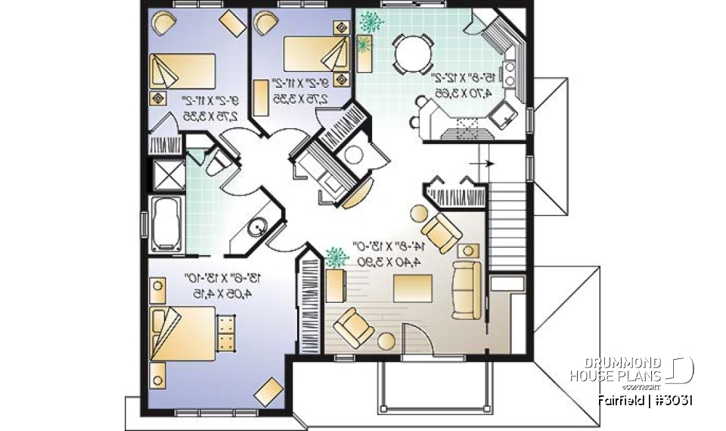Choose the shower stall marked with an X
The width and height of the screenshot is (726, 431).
[166, 175]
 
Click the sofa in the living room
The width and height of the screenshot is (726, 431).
[465, 289]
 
